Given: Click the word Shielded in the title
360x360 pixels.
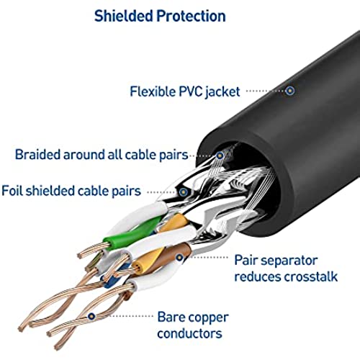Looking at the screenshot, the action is pyautogui.click(x=123, y=16).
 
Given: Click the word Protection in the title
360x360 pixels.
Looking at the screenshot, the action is pyautogui.click(x=192, y=16).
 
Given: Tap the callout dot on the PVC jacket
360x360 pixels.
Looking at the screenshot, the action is pyautogui.click(x=290, y=91).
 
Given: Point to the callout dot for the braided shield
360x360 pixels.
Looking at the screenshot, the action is pyautogui.click(x=220, y=156).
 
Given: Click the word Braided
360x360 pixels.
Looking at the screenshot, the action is pyautogui.click(x=37, y=154).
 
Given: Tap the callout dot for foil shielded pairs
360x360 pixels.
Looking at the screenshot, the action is pyautogui.click(x=184, y=192).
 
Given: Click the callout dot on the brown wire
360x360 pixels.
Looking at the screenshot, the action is pyautogui.click(x=179, y=258).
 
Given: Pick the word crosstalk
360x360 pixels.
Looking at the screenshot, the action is pyautogui.click(x=311, y=276).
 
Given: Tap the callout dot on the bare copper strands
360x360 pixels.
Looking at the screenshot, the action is pyautogui.click(x=91, y=316).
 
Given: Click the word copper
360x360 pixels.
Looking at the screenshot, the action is pyautogui.click(x=208, y=318).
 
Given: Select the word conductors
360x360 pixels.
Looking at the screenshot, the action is pyautogui.click(x=189, y=333).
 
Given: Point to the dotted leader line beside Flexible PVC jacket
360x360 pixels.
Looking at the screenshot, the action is pyautogui.click(x=266, y=91).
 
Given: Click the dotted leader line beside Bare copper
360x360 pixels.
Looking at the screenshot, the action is pyautogui.click(x=125, y=316).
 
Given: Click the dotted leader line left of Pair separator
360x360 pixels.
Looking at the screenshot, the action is pyautogui.click(x=207, y=258).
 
